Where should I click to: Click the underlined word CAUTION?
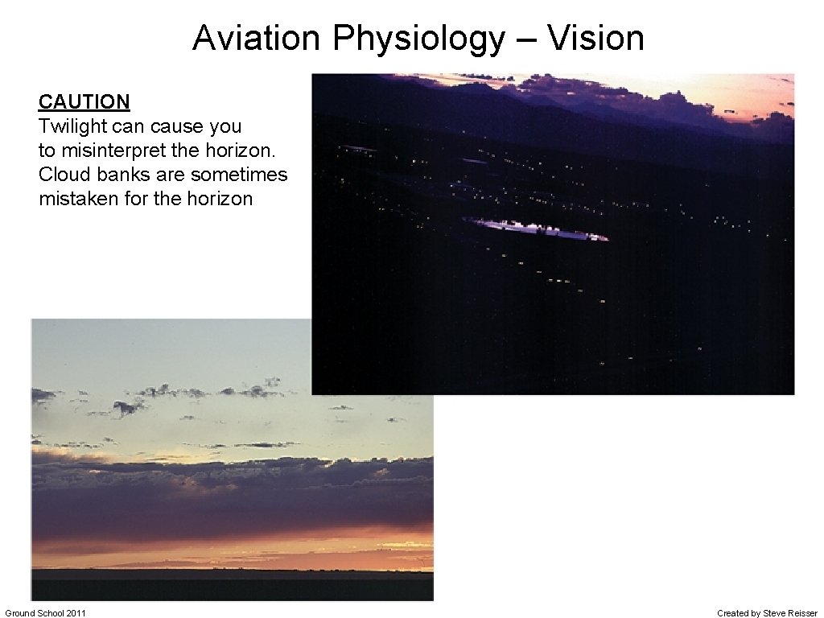84,102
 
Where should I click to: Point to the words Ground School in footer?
34,613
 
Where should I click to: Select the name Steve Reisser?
789,613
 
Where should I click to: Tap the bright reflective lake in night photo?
538,230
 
